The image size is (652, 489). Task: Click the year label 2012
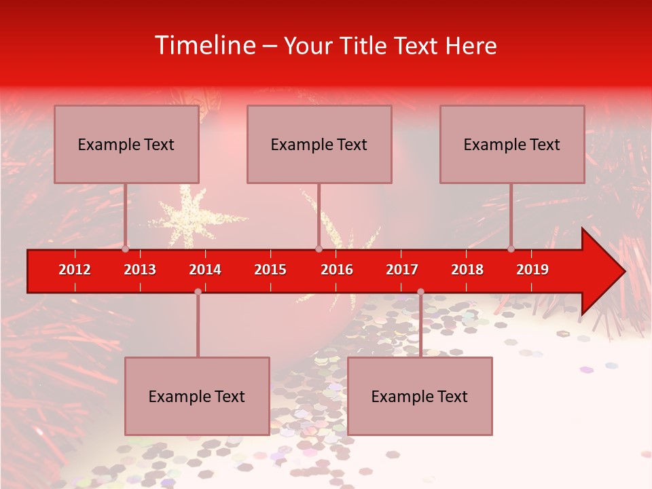point(75,270)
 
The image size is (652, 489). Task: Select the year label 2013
point(140,270)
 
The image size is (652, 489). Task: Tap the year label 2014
point(205,270)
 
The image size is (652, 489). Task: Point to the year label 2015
point(270,270)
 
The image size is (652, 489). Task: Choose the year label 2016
point(337,270)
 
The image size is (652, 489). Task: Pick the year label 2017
point(402,270)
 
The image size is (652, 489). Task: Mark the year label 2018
point(467,270)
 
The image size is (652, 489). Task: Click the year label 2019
point(532,270)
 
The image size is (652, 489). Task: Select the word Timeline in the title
point(204,46)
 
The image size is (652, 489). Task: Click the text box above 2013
point(126,144)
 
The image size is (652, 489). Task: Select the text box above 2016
point(319,144)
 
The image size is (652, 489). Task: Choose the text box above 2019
point(512,144)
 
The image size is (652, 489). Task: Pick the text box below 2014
point(197,396)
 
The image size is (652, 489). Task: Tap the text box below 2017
point(420,396)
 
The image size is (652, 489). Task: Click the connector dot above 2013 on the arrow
point(126,249)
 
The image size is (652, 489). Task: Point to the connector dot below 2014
point(198,291)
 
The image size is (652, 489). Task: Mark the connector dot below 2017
point(420,291)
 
